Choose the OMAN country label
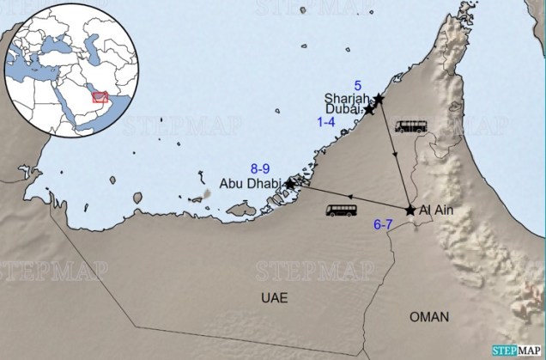pos(428,317)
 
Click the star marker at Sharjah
pos(379,100)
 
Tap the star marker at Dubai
pos(369,110)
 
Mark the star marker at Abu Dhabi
pos(290,183)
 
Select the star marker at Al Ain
pos(410,210)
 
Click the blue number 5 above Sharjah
pos(370,83)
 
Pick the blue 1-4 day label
pos(326,124)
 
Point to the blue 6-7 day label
pos(384,225)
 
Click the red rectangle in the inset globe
pos(100,96)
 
